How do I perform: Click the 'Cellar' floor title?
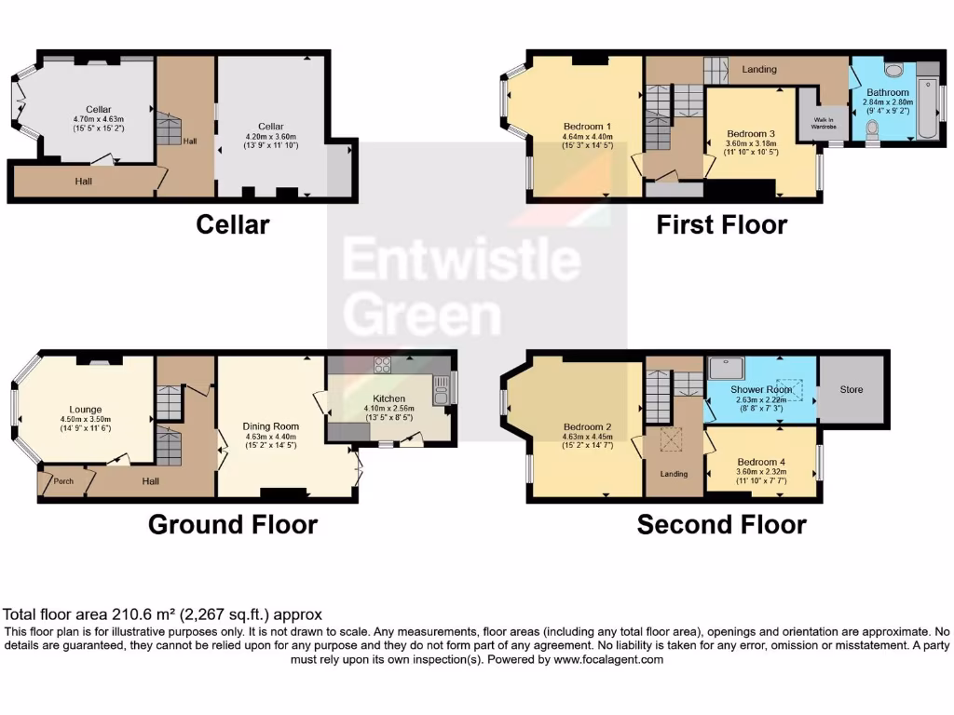point(232,224)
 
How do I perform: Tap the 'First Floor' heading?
point(722,224)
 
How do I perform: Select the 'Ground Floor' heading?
point(233,525)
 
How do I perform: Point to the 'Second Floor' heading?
point(722,525)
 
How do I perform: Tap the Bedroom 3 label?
point(751,133)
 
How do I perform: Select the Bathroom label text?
point(887,92)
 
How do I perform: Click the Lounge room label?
point(86,409)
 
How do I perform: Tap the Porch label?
point(63,481)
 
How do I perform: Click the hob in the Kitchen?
point(383,365)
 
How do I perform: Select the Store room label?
point(852,389)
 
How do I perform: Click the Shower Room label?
point(760,389)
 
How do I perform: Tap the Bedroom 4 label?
point(761,462)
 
